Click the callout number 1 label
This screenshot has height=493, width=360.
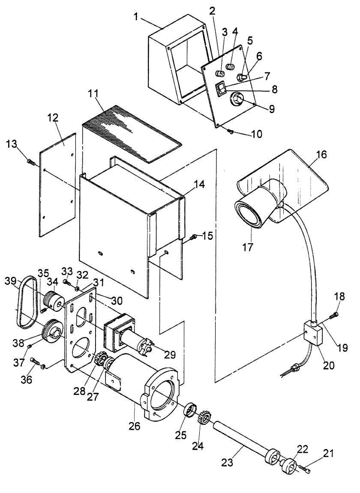pyautogui.click(x=136, y=17)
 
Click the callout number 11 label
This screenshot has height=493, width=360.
pyautogui.click(x=93, y=94)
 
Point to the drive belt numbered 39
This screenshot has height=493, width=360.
pyautogui.click(x=26, y=302)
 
